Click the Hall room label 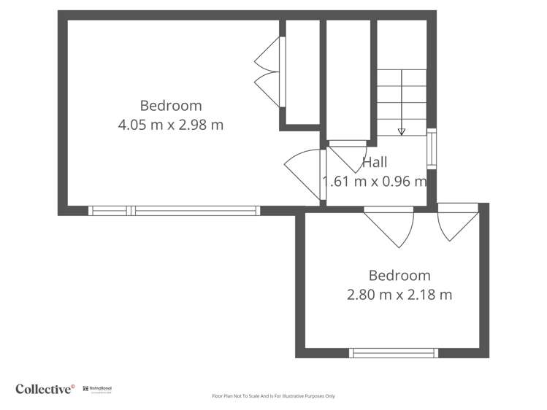[x=375, y=162]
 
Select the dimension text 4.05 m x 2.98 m [x=171, y=125]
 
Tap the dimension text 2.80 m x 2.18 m [x=399, y=295]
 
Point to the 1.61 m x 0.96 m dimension [x=375, y=182]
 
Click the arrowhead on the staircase [x=402, y=132]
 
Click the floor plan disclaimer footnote [x=273, y=396]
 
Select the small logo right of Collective [x=97, y=390]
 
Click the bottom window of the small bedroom [x=393, y=353]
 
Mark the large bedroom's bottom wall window [x=174, y=211]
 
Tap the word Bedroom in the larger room [x=171, y=105]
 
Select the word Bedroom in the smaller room [x=399, y=276]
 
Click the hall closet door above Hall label [x=349, y=155]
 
